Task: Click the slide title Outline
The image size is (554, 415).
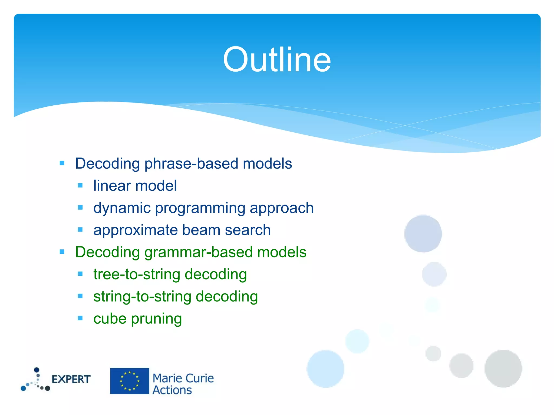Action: coord(277,59)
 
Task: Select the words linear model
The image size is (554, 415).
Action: coord(135,186)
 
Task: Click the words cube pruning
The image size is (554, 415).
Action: coord(137,319)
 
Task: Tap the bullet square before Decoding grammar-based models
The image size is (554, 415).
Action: coord(62,252)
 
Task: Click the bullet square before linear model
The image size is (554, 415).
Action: coord(80,185)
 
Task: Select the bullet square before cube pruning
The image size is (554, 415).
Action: coord(80,318)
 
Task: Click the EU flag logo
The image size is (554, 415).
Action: coord(130,381)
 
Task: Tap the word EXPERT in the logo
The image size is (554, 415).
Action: coord(71,379)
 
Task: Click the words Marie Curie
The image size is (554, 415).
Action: coord(183,378)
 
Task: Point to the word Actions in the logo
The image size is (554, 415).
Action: coord(172,390)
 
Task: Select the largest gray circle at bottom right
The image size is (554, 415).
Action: coord(503,369)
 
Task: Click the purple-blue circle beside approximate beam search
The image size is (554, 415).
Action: coord(423,234)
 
